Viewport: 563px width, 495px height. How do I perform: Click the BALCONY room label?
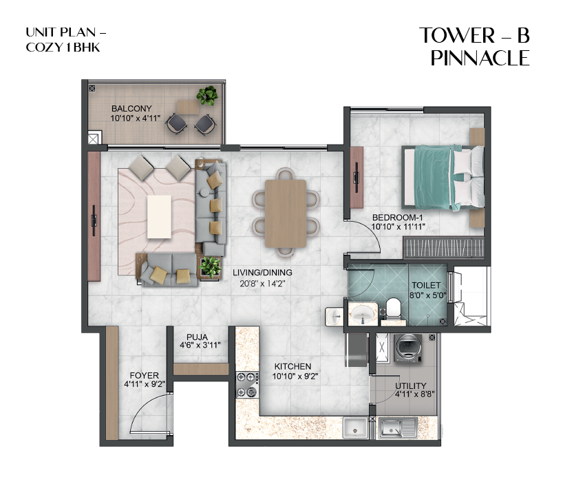(131, 109)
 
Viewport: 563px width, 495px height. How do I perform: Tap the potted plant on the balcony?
(206, 96)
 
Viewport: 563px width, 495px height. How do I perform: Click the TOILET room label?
(426, 284)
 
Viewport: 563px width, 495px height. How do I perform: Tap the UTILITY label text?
(410, 386)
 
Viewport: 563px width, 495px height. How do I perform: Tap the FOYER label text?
(142, 375)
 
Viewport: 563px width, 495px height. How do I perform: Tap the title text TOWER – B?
(474, 36)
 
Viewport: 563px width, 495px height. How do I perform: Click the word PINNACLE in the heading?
(480, 59)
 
